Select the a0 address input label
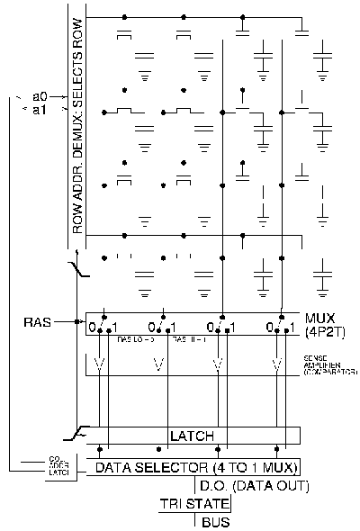point(40,95)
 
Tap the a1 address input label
point(40,109)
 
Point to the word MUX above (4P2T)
point(317,318)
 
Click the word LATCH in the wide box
point(192,436)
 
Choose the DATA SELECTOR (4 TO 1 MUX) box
point(193,466)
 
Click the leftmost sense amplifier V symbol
point(100,365)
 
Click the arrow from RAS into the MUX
point(74,320)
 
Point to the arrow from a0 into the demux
point(62,95)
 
